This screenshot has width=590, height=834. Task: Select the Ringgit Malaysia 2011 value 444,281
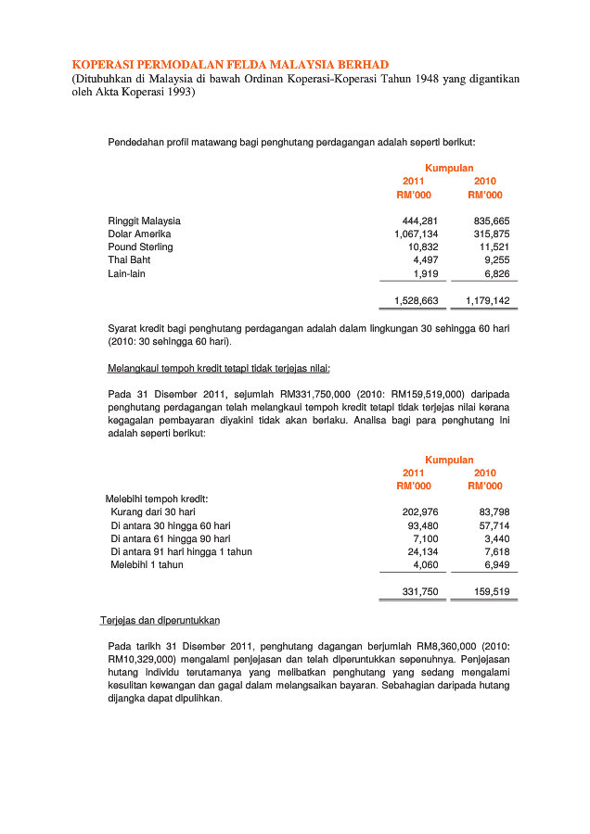click(x=419, y=221)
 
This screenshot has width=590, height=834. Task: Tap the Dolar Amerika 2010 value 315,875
click(x=491, y=234)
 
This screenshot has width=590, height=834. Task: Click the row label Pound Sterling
click(x=140, y=247)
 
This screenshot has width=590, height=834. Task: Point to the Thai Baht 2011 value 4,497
click(x=425, y=260)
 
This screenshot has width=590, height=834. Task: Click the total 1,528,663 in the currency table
click(x=416, y=301)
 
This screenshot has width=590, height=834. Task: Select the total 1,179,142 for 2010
click(x=487, y=301)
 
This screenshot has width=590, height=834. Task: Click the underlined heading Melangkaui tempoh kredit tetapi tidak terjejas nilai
click(x=219, y=369)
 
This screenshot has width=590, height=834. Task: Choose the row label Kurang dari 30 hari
click(x=153, y=512)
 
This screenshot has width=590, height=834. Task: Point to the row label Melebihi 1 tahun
click(x=147, y=564)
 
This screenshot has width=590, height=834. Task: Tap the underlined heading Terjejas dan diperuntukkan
click(x=160, y=620)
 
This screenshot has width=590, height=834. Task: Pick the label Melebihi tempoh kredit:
click(x=156, y=499)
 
